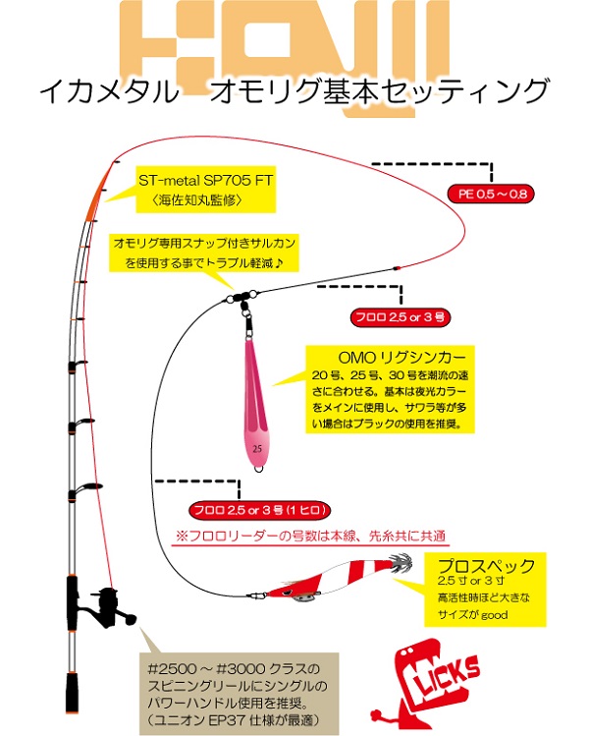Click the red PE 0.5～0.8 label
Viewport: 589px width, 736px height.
point(491,194)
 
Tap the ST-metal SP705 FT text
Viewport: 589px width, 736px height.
point(206,180)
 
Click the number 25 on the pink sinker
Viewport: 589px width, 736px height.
point(257,449)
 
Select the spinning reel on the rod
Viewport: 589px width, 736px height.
point(109,608)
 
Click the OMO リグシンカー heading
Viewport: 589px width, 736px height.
point(402,358)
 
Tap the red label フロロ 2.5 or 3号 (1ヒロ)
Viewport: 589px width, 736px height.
point(260,510)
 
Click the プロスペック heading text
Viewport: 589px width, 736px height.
point(485,566)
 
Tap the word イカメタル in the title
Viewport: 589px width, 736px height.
point(109,90)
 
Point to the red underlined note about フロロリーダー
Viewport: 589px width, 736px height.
point(310,537)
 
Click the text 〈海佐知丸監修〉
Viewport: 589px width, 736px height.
point(197,200)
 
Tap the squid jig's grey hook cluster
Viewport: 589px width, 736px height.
point(401,562)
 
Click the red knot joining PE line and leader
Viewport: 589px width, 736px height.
point(397,268)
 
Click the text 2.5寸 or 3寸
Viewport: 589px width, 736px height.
point(471,581)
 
